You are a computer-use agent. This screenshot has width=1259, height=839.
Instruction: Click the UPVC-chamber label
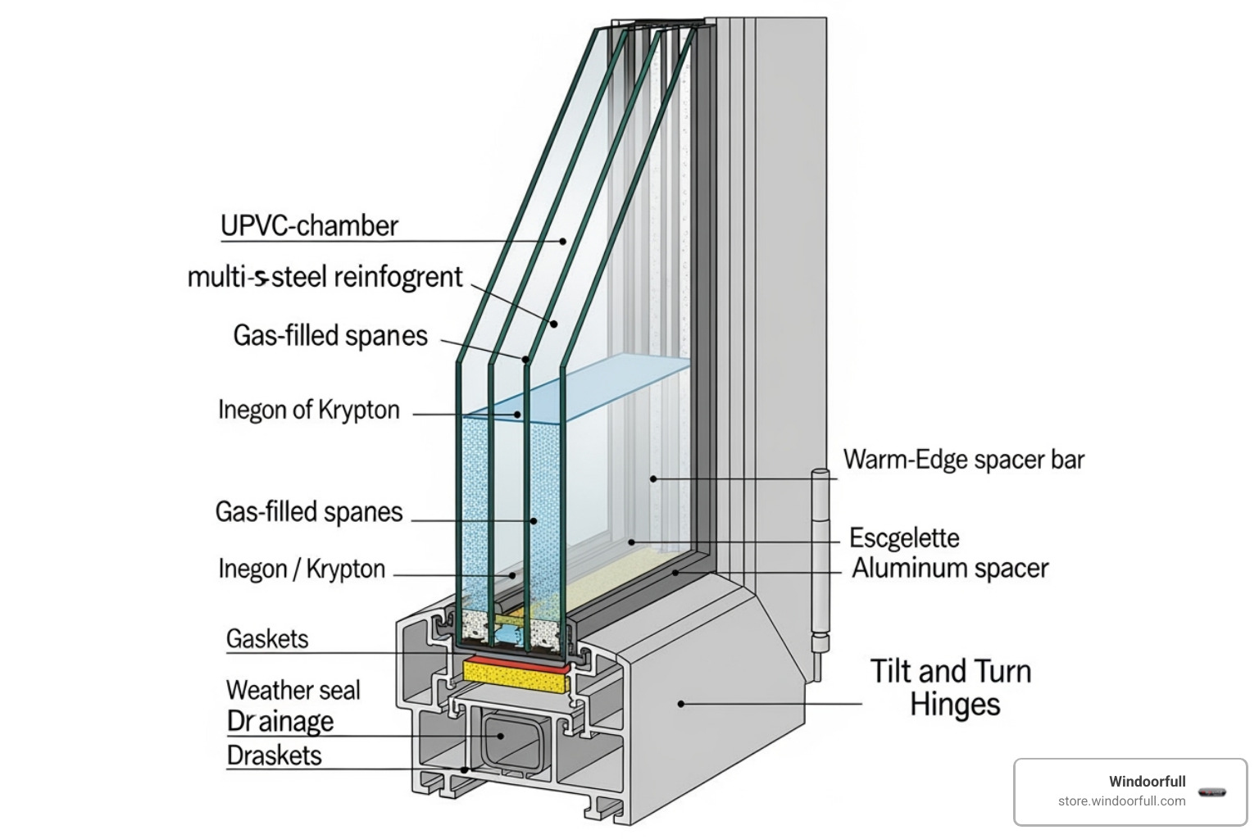(309, 226)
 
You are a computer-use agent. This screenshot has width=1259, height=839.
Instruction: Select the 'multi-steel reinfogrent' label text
(325, 277)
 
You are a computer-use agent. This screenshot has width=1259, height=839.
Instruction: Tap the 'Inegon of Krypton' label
(308, 410)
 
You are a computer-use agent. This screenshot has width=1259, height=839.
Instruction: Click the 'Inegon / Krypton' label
(302, 569)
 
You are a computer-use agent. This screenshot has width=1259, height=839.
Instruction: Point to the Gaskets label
(267, 639)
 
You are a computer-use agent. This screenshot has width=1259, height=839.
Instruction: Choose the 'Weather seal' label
(293, 690)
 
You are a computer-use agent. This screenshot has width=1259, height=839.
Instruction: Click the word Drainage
(280, 721)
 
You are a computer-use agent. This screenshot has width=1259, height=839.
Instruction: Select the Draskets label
(274, 755)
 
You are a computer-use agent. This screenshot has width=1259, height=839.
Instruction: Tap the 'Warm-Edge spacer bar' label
(964, 460)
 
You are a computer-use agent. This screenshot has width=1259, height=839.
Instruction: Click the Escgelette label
(904, 538)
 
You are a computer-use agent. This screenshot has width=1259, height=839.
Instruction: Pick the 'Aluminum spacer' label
(950, 569)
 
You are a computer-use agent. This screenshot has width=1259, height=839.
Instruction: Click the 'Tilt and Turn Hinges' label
(951, 687)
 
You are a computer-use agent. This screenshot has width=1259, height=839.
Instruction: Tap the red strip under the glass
(516, 660)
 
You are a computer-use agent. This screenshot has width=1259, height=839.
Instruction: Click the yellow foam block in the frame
(516, 673)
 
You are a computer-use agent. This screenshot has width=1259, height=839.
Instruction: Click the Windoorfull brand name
(1147, 781)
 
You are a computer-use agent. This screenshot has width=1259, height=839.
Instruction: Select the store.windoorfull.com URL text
(1121, 800)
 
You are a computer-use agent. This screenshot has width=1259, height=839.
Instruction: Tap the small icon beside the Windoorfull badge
(1211, 792)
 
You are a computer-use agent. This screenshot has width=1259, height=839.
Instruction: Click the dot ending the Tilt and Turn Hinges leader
(680, 703)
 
